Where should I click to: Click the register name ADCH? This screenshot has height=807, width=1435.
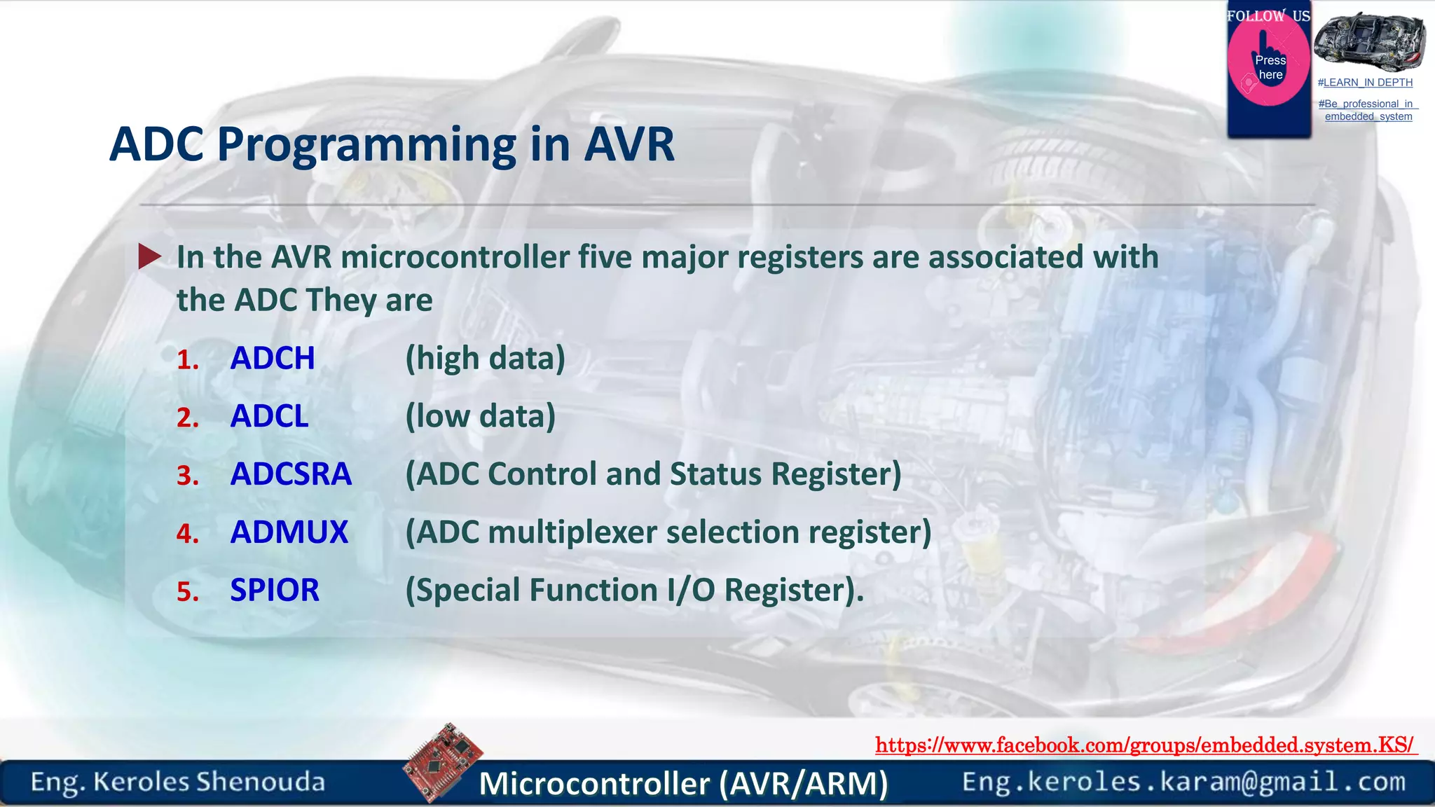tap(273, 359)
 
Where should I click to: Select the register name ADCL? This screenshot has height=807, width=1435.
tap(269, 417)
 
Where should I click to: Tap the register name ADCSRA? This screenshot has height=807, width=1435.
tap(291, 475)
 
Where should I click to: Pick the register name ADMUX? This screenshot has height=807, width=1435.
tap(289, 532)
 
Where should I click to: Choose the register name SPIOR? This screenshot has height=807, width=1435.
tap(274, 591)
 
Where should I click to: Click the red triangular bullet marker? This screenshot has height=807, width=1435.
tap(149, 256)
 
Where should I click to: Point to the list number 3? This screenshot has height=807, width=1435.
tap(188, 476)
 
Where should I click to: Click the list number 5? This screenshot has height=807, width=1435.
tap(188, 593)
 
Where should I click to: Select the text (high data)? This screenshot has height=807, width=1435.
tap(485, 359)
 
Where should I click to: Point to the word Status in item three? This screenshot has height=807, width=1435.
tap(715, 475)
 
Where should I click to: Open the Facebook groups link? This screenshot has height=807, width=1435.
tap(1145, 745)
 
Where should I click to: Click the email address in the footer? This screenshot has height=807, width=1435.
tap(1183, 782)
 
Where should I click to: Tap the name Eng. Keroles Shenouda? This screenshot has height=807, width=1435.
tap(177, 782)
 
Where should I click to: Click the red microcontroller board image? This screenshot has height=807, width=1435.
tap(444, 761)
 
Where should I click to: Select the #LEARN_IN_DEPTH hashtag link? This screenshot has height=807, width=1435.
tap(1365, 83)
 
